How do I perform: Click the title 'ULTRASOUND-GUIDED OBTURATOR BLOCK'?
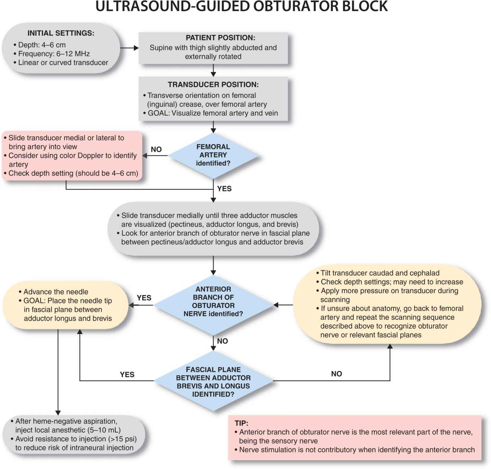242,6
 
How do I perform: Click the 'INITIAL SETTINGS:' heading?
61,33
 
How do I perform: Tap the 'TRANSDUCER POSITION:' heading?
213,84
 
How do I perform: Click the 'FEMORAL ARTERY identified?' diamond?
213,155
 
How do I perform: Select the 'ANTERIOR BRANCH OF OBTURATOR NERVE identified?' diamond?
213,301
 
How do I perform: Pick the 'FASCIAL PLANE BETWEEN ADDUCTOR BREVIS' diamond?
213,382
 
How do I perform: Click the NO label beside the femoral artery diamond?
156,149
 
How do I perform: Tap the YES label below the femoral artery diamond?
224,189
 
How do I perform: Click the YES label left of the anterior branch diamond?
144,298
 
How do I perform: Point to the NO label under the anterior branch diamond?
222,341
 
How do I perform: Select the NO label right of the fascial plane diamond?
336,374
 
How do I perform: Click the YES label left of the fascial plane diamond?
127,375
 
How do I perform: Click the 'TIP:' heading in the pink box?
241,423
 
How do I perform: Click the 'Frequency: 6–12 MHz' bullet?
54,54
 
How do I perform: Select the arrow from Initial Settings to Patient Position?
129,48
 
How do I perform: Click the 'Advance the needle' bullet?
56,292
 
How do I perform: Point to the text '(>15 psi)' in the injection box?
122,439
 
